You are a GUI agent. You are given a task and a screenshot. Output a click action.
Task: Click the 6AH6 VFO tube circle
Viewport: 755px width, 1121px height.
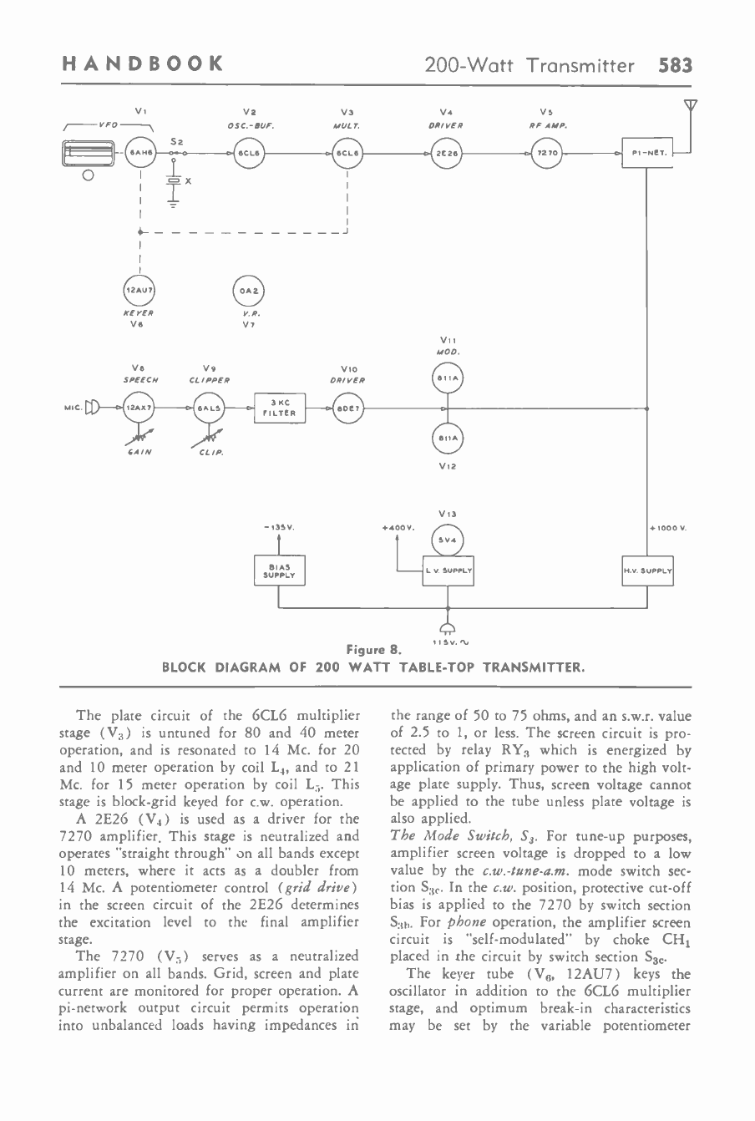click(139, 154)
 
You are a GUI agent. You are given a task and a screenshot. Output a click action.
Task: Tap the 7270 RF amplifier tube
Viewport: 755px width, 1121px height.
click(550, 154)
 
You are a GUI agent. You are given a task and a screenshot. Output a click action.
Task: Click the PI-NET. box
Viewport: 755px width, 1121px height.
click(648, 154)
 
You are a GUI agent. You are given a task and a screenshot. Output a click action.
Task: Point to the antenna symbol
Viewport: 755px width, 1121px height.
click(690, 106)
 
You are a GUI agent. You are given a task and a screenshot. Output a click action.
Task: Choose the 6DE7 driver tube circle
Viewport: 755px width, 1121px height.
click(346, 408)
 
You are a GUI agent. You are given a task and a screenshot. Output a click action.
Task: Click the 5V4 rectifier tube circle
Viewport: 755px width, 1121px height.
click(448, 539)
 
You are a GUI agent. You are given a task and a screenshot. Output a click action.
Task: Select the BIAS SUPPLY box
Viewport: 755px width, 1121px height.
click(279, 571)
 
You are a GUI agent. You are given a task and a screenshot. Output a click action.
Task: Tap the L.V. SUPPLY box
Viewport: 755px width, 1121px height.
click(448, 571)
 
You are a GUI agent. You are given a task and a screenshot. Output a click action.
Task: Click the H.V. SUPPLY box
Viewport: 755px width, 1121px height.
click(647, 571)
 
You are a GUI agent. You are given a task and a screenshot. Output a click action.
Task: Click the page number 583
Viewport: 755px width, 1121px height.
click(675, 64)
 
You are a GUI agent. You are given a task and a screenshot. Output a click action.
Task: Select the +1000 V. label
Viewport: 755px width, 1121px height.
click(667, 528)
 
